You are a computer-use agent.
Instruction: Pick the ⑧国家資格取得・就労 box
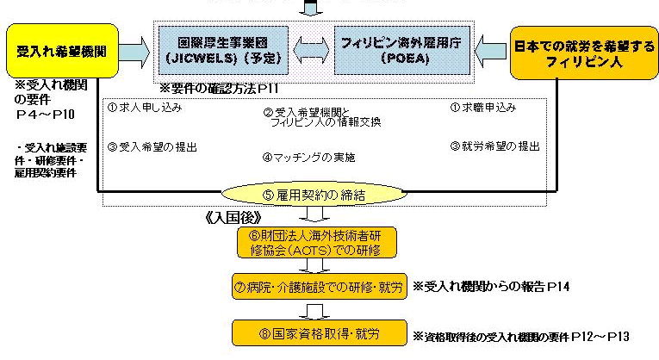click(x=318, y=332)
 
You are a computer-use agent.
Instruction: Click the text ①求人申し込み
click(x=145, y=109)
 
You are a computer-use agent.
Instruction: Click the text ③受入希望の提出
click(x=152, y=146)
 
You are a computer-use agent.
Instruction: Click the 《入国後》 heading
click(x=233, y=216)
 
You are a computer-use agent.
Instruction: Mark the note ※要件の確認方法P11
click(x=220, y=89)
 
